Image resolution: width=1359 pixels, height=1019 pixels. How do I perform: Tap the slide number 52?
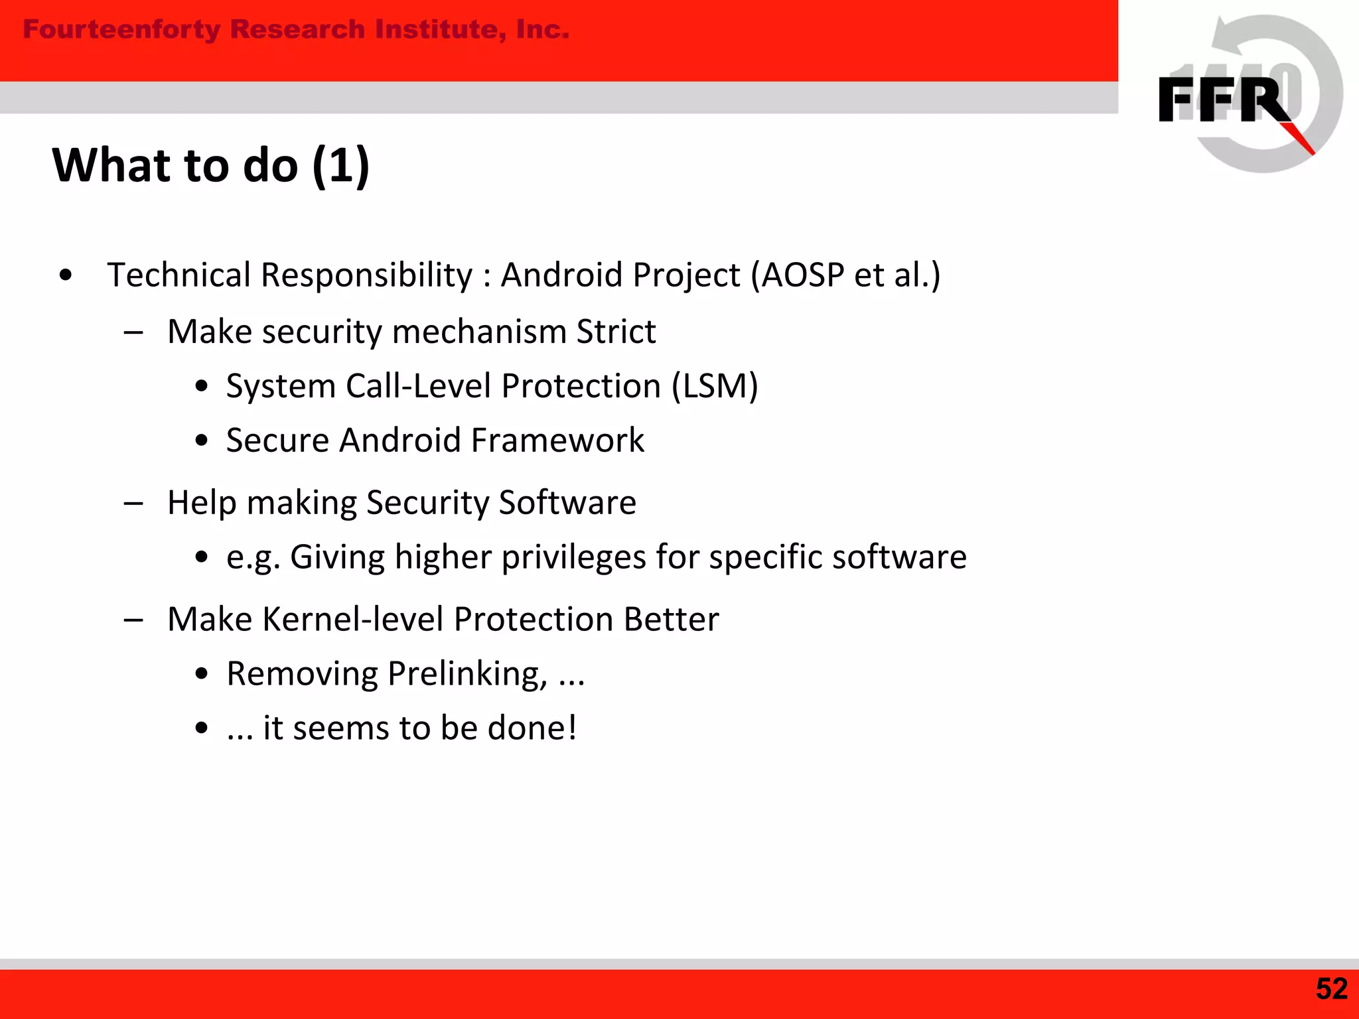1331,989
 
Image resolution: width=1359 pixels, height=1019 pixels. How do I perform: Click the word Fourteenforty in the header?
121,30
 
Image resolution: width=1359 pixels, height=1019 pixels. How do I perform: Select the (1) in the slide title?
340,165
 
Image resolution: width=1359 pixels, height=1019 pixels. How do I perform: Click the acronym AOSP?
802,275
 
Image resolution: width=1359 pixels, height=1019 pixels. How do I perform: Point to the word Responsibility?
366,276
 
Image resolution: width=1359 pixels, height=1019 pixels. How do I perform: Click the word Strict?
616,331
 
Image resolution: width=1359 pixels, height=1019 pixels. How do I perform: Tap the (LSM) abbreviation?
715,386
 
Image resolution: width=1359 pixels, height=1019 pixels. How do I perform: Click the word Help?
202,503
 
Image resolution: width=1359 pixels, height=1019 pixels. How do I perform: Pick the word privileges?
573,557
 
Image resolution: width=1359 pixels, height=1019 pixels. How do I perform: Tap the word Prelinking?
467,675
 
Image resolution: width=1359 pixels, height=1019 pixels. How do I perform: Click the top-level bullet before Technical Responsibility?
65,275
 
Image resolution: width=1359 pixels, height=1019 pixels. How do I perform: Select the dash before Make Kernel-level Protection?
133,620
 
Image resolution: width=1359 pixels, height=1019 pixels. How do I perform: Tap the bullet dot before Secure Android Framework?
202,441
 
